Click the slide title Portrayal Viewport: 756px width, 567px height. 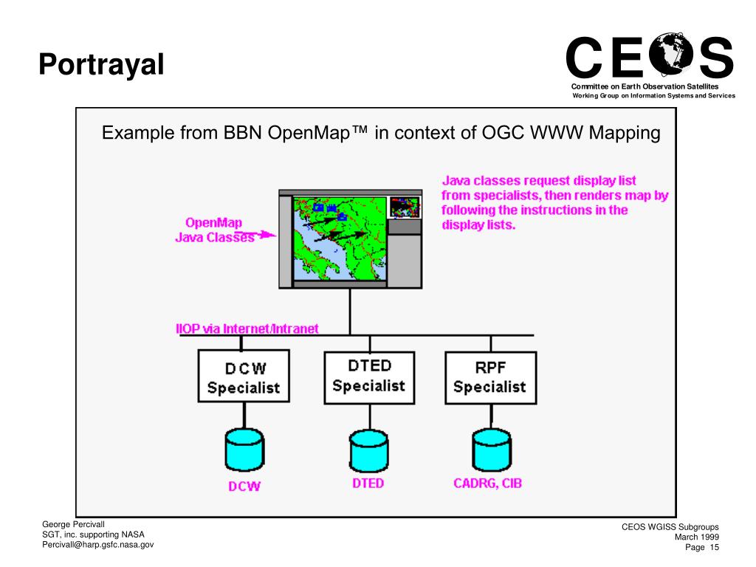pos(100,64)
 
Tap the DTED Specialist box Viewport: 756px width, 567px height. pos(368,375)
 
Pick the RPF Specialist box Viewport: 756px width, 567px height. pos(489,377)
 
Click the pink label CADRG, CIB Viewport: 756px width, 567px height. pos(488,484)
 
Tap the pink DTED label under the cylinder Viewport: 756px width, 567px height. pos(368,484)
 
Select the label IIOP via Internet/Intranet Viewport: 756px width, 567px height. pos(247,329)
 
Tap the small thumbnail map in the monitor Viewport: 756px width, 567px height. pos(404,207)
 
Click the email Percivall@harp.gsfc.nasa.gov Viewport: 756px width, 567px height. pos(97,545)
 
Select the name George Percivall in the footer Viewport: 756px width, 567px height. pos(76,523)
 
